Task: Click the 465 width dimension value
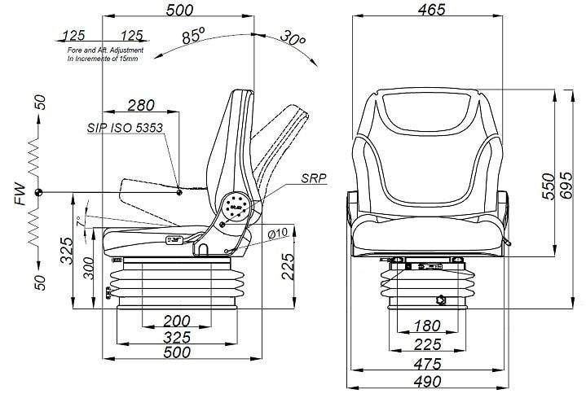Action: (431, 10)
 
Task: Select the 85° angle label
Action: (194, 36)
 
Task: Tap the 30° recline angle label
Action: (293, 37)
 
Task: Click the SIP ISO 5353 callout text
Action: (125, 128)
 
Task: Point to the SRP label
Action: (314, 178)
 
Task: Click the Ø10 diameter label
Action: (278, 234)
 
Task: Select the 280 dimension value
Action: (141, 106)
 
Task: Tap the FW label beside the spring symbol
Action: (20, 194)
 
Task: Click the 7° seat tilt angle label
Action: (79, 221)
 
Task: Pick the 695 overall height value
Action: (566, 186)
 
